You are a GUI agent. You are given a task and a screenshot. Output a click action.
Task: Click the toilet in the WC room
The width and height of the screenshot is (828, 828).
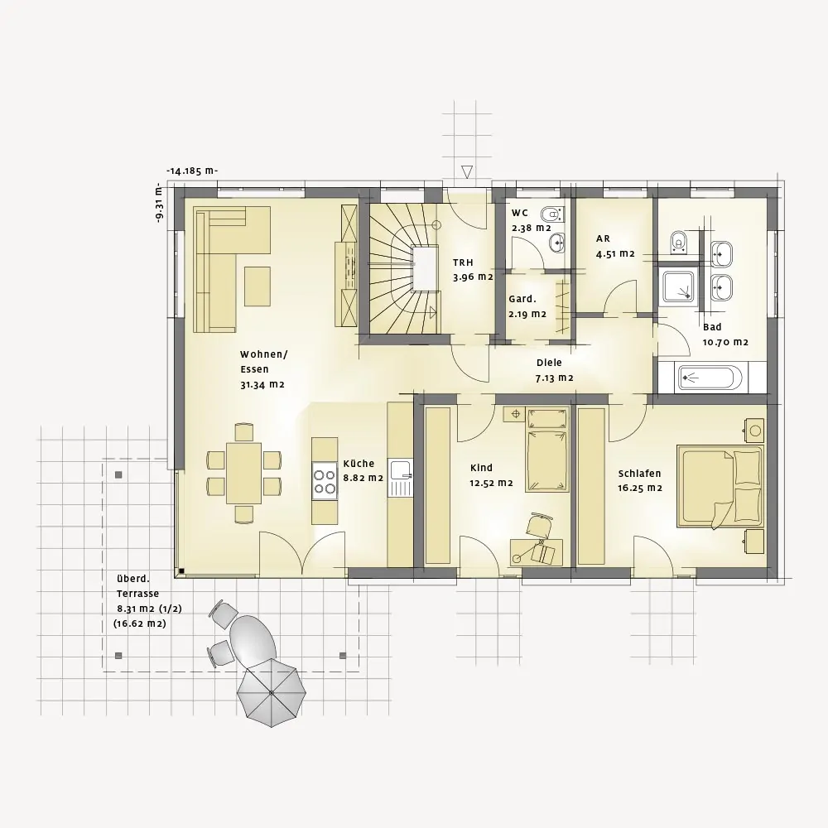(x=551, y=214)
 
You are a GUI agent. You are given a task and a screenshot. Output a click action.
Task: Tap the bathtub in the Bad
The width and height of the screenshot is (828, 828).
(x=710, y=378)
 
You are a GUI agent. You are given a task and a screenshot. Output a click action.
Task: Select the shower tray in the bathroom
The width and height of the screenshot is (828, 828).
(x=679, y=287)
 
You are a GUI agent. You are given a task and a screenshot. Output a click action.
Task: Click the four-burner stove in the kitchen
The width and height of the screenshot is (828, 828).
(x=325, y=482)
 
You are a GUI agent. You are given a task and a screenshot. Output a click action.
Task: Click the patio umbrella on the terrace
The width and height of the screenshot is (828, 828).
(x=272, y=692)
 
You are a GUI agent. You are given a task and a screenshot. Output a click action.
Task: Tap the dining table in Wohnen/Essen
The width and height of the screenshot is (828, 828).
(x=243, y=473)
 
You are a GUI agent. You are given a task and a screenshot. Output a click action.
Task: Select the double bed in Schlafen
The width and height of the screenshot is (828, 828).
(x=720, y=486)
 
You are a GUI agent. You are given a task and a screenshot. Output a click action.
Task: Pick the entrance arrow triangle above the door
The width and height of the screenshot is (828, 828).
(x=467, y=171)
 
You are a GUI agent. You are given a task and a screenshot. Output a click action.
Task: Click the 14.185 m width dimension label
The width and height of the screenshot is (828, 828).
(x=192, y=171)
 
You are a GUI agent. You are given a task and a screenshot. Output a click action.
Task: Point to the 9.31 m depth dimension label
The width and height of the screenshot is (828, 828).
(x=160, y=204)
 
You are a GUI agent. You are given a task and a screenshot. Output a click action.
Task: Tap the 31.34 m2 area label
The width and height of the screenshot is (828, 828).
(x=262, y=384)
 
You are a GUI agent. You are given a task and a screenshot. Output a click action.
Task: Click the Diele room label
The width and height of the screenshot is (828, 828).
(x=549, y=363)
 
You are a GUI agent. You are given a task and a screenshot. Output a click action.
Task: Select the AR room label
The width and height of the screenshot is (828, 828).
(x=603, y=238)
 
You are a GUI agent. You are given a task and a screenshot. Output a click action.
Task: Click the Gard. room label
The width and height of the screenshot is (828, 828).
(x=522, y=299)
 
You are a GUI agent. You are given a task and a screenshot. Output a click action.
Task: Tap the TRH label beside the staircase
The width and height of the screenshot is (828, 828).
(x=463, y=262)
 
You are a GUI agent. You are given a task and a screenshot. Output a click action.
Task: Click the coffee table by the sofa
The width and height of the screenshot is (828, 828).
(x=258, y=286)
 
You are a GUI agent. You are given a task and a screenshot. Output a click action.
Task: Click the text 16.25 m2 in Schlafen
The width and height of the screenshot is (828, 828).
(x=640, y=488)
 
